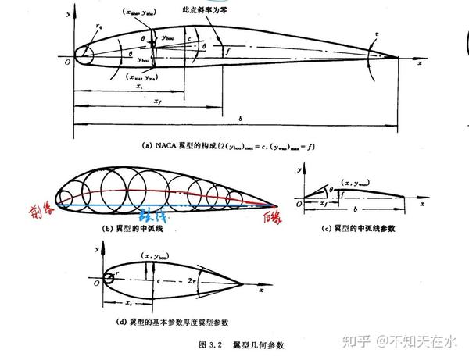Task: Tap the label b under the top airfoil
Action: click(240, 117)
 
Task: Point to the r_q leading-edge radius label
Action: click(98, 26)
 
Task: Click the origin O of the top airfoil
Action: click(67, 62)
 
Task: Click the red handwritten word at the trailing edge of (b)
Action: click(272, 216)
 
